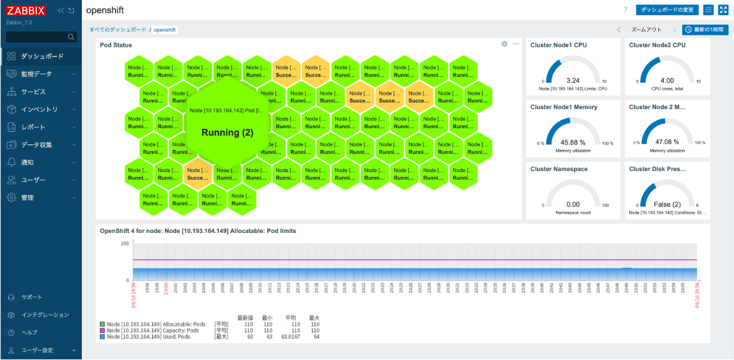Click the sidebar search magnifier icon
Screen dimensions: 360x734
tap(72, 37)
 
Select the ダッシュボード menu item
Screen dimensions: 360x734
tap(42, 57)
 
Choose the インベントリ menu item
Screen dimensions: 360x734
tap(40, 110)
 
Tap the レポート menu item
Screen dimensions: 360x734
tap(34, 127)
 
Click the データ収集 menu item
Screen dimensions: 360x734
tap(37, 145)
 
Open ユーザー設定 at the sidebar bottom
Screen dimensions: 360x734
tap(37, 350)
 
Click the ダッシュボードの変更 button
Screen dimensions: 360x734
tap(667, 10)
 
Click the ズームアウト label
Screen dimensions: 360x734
tap(646, 29)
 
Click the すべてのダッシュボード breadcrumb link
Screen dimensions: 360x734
tap(118, 29)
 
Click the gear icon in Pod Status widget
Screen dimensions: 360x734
tap(504, 44)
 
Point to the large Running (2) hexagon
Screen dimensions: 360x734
tap(227, 132)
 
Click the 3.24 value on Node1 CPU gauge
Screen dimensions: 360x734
tap(573, 81)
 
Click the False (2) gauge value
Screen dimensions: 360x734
tap(667, 205)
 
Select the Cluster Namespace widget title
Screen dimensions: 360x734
tap(559, 169)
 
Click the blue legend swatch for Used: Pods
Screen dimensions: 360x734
tap(103, 337)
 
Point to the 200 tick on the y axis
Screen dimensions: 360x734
tap(125, 244)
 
